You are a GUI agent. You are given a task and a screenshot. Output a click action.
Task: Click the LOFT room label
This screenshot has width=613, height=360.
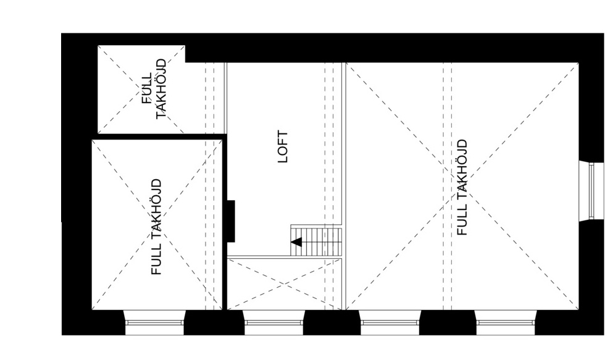(x=283, y=146)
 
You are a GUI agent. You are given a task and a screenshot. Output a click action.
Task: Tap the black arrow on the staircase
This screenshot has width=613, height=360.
(x=296, y=242)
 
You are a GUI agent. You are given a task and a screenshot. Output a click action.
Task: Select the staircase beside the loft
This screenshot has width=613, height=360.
(x=316, y=240)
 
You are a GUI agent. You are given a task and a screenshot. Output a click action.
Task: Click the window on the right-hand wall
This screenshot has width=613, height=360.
(x=591, y=191)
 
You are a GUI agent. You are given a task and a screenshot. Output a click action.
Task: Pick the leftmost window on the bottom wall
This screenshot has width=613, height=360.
(x=154, y=323)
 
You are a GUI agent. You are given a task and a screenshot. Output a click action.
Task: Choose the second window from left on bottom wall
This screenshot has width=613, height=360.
(x=273, y=323)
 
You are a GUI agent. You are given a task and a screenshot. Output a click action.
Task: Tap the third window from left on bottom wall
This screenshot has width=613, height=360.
(x=390, y=323)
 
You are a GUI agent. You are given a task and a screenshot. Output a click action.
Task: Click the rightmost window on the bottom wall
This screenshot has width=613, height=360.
(x=506, y=323)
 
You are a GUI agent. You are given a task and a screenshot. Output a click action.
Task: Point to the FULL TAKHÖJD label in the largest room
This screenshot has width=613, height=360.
(x=462, y=187)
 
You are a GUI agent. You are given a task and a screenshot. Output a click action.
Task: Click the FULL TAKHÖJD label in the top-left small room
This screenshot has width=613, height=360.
(x=154, y=89)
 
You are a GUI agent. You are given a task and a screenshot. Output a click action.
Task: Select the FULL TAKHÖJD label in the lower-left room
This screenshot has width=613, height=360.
(x=156, y=227)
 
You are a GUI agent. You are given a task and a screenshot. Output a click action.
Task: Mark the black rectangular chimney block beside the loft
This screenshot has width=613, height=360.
(x=231, y=221)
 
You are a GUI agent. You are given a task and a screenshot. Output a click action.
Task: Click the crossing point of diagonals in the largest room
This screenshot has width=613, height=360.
(x=462, y=186)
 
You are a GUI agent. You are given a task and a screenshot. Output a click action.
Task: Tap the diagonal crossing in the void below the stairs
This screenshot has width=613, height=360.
(x=285, y=284)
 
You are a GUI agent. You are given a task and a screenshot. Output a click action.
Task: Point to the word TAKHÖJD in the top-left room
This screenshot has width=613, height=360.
(x=161, y=89)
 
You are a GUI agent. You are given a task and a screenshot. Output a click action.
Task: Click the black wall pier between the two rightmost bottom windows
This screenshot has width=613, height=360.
(x=448, y=323)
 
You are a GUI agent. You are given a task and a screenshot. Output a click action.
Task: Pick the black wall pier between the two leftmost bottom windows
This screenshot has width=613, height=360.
(x=214, y=323)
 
